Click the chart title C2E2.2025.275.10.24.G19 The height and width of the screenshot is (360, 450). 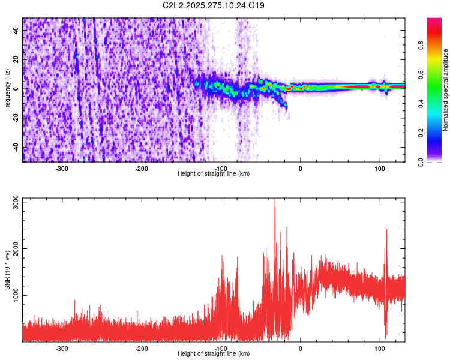214,5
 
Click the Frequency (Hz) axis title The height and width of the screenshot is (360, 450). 7,89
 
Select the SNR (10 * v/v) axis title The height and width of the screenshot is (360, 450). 7,269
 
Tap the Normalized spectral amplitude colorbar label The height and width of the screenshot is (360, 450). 446,90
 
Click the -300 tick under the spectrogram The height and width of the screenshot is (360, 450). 62,168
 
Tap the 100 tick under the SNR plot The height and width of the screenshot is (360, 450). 379,348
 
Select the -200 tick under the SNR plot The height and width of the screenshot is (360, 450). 142,348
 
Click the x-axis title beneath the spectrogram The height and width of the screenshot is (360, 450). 214,173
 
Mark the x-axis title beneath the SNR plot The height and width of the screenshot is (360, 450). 214,353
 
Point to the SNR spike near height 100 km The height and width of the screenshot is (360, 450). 386,231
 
